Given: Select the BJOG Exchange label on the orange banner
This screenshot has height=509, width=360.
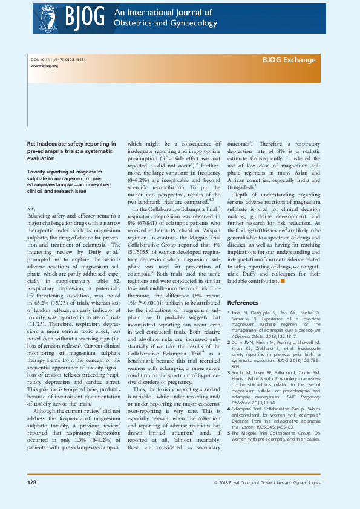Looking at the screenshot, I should (289, 60).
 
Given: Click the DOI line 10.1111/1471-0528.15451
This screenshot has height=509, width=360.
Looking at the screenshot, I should (58, 60).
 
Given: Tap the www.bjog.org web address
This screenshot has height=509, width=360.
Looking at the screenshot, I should (44, 66).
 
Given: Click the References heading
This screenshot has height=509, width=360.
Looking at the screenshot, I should (242, 302).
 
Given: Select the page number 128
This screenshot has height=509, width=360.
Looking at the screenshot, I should (31, 499).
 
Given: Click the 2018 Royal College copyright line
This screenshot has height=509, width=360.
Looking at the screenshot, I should (267, 500).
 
